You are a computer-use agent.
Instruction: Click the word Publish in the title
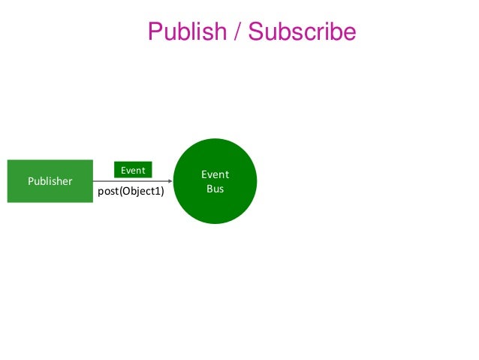pos(187,32)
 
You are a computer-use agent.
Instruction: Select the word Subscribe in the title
pos(302,32)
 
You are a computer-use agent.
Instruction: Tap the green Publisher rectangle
pos(50,181)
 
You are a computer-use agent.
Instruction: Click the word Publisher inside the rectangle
pos(50,181)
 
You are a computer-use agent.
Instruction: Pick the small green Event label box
pos(133,171)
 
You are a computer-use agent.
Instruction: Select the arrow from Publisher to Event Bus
pos(131,181)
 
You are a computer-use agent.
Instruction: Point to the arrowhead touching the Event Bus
pos(170,181)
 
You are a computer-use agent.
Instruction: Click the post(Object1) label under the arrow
pos(131,192)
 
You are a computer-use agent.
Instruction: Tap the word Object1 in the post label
pos(140,192)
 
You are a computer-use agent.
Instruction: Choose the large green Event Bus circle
pos(215,181)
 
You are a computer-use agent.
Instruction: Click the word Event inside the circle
pos(215,174)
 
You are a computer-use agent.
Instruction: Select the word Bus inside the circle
pos(215,189)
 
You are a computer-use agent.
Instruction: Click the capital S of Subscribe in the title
pos(256,32)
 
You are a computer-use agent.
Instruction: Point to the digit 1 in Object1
pos(158,192)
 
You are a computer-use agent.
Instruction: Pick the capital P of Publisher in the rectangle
pos(31,181)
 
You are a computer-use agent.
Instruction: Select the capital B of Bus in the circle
pos(209,189)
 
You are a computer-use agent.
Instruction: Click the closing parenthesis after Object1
pos(162,192)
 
